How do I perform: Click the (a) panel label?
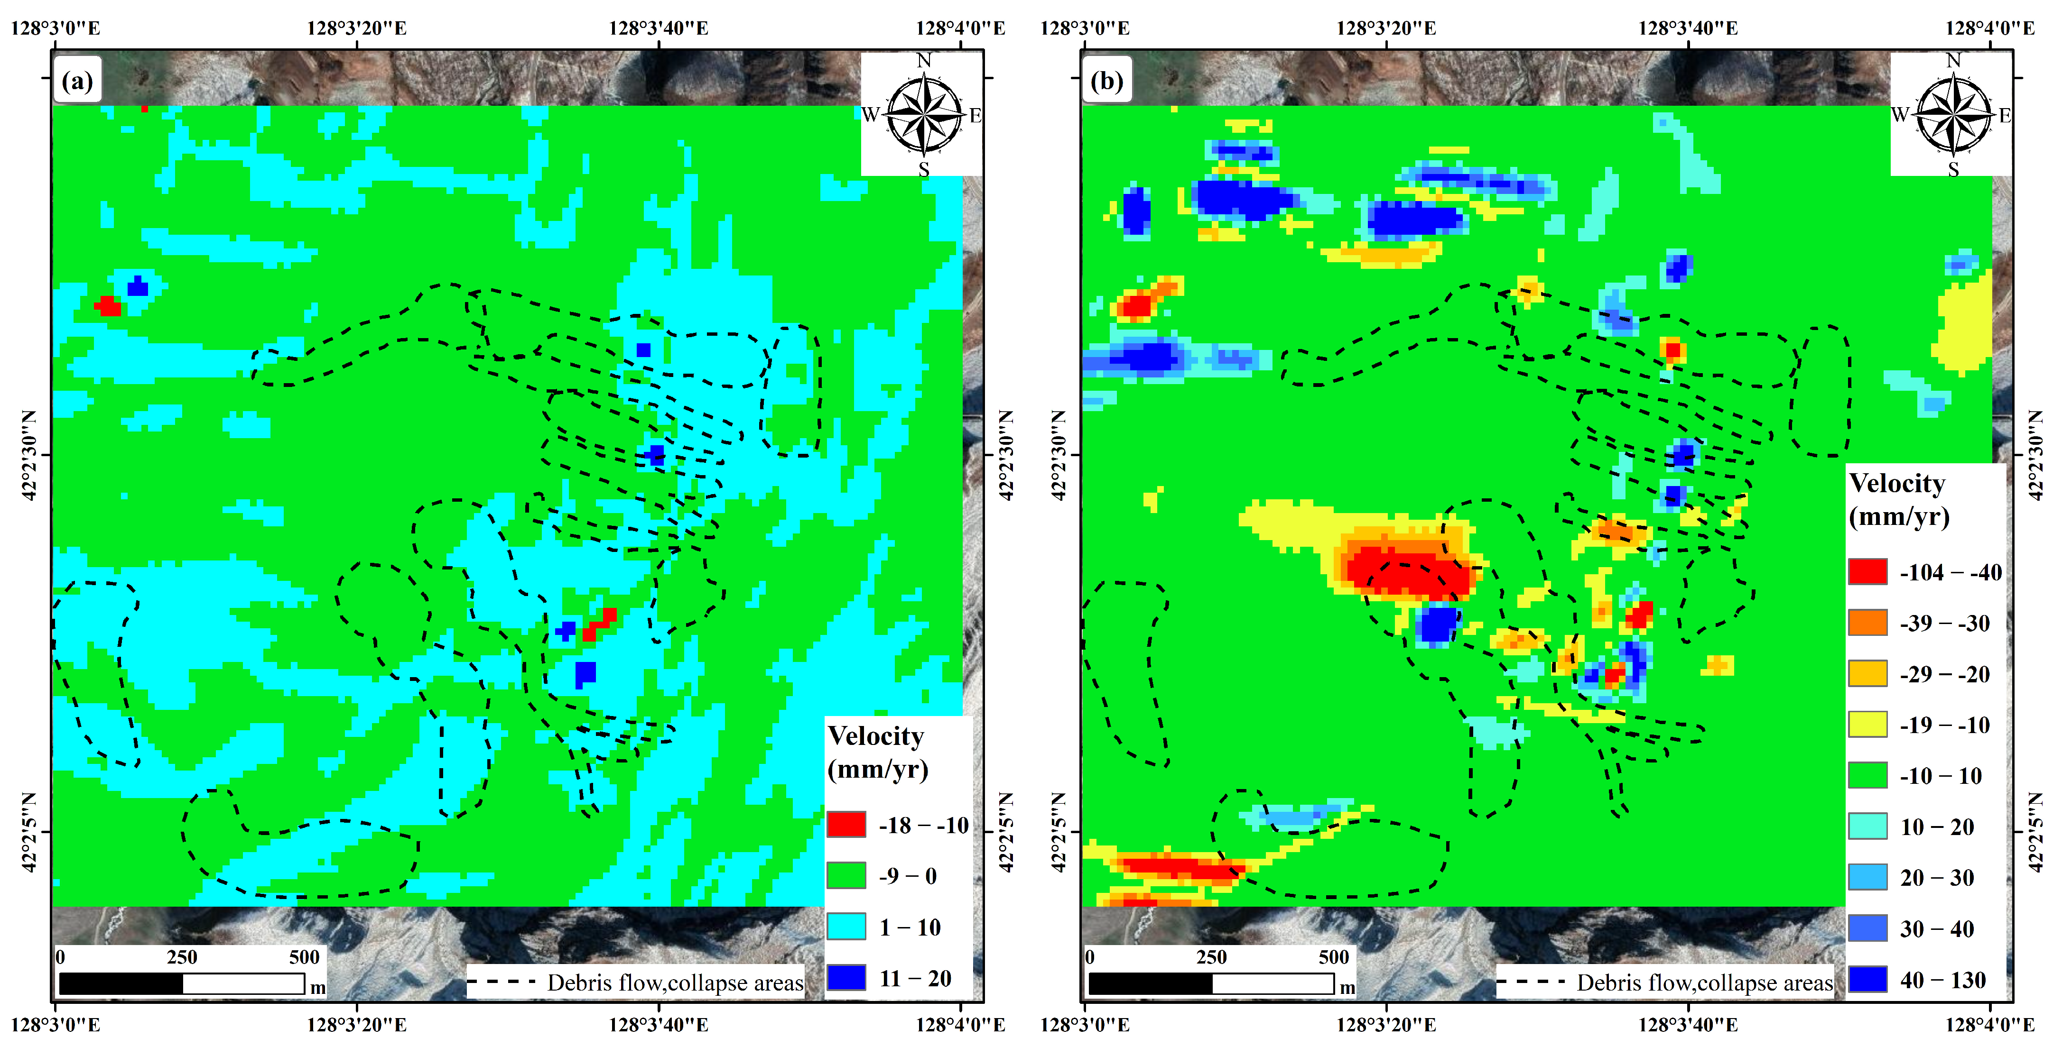pyautogui.click(x=77, y=81)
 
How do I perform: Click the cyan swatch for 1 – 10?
pyautogui.click(x=845, y=927)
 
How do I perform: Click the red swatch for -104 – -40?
pyautogui.click(x=1867, y=571)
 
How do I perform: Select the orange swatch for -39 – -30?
pyautogui.click(x=1867, y=622)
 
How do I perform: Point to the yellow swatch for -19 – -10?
pyautogui.click(x=1867, y=724)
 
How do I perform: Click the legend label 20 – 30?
pyautogui.click(x=1937, y=877)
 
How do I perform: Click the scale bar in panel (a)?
pyautogui.click(x=182, y=984)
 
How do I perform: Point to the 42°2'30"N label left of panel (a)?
pyautogui.click(x=28, y=455)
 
